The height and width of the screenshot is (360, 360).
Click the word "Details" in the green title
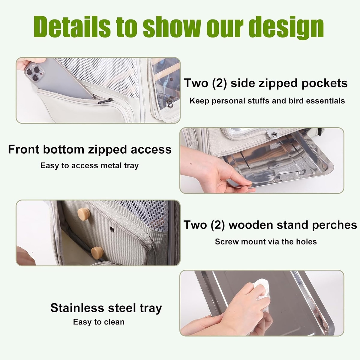(72, 27)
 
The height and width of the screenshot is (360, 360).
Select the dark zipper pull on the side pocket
(106, 101)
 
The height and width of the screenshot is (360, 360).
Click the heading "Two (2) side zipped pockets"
(266, 83)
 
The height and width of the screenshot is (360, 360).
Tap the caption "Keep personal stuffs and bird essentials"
(267, 101)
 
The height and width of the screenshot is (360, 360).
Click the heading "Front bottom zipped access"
(90, 149)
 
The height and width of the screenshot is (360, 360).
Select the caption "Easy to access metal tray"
(89, 166)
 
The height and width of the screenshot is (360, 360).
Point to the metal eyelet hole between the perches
(112, 229)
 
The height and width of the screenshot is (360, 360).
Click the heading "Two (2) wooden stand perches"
(270, 225)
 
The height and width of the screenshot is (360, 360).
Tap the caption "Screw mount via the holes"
(266, 242)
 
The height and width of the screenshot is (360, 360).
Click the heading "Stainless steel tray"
(106, 308)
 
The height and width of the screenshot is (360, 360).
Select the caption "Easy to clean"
(99, 322)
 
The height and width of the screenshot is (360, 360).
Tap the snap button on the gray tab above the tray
(274, 134)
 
